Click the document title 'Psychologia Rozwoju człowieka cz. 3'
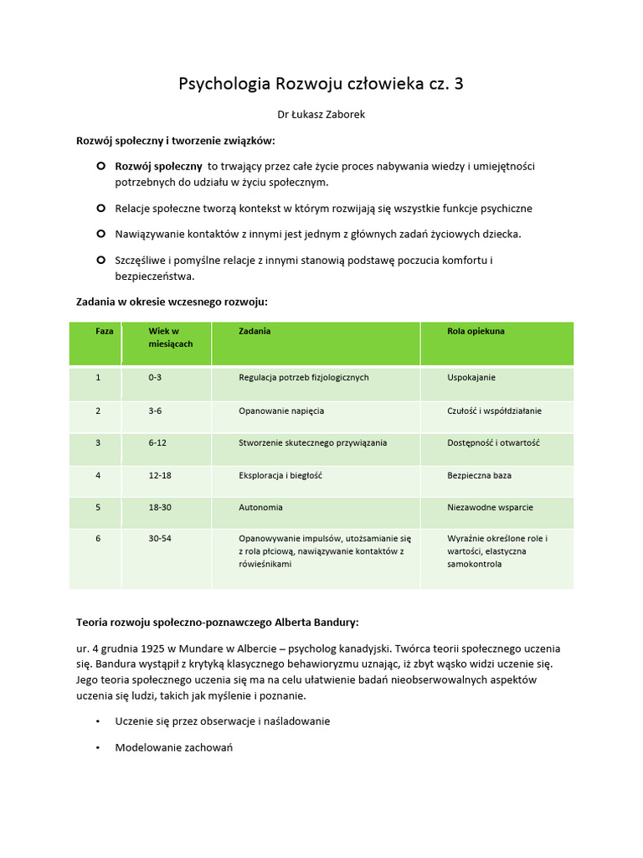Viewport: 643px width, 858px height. point(321,84)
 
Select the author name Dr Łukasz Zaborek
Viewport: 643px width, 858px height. point(321,115)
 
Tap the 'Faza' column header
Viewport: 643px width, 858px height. point(104,331)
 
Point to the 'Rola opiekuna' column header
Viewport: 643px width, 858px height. point(476,331)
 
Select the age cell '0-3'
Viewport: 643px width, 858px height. point(155,377)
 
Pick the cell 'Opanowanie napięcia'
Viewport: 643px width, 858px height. point(281,411)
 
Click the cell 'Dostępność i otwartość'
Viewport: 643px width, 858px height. point(494,442)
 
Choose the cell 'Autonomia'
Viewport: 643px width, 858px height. point(260,507)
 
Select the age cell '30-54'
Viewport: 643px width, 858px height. point(160,538)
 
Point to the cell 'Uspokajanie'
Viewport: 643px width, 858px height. point(471,377)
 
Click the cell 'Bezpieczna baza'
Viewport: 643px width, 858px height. point(479,475)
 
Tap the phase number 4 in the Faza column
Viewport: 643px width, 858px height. point(98,475)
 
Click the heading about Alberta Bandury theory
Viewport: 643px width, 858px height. point(217,623)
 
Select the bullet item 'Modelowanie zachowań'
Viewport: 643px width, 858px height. point(173,747)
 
